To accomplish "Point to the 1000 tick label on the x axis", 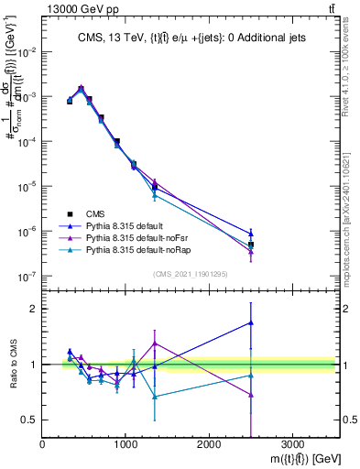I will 125,443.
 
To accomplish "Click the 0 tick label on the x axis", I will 43,443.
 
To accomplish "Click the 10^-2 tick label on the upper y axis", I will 27,52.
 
